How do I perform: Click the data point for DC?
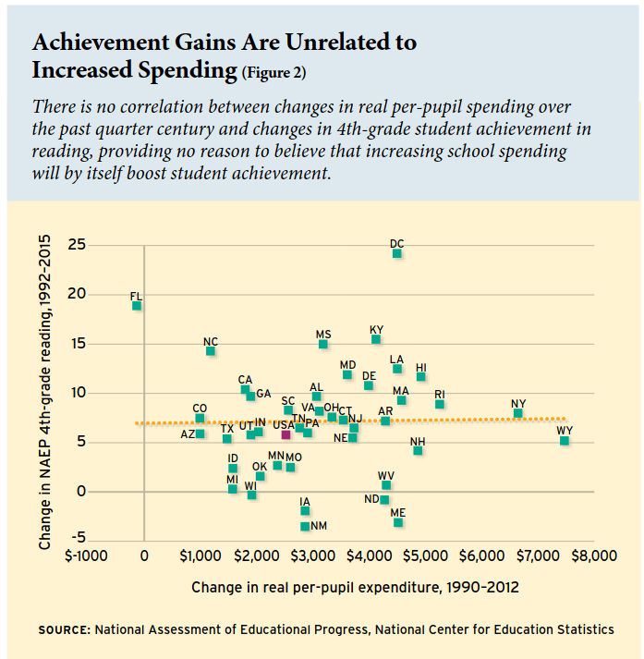(397, 253)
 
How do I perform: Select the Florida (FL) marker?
(137, 306)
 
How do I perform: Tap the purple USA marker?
(286, 434)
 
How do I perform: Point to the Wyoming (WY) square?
(565, 441)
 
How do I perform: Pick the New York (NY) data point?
(518, 413)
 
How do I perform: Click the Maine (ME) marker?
(398, 522)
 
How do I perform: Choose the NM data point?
(305, 526)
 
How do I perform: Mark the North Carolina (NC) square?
(211, 351)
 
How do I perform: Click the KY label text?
(376, 329)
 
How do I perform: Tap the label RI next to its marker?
(440, 395)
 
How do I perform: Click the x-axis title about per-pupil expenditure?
(355, 588)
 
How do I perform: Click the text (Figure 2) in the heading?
(273, 72)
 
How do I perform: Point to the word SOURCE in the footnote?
(63, 629)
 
